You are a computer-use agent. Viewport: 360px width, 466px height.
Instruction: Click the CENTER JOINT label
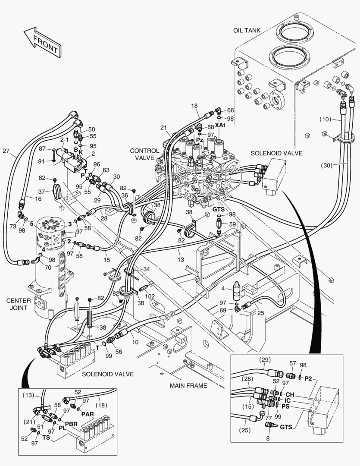click(x=18, y=304)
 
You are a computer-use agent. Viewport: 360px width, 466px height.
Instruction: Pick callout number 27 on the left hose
click(x=6, y=151)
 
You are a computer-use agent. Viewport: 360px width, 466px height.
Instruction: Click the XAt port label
click(x=220, y=125)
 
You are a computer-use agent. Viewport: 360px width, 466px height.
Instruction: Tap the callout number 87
click(x=42, y=148)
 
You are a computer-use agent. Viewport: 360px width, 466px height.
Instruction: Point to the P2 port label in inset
click(x=308, y=378)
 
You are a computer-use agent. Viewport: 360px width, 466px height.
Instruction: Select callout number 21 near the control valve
click(x=163, y=127)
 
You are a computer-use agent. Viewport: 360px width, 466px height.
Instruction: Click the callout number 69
click(x=223, y=310)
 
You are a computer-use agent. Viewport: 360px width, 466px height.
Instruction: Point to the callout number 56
click(x=118, y=351)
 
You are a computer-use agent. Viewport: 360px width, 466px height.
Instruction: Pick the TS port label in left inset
click(x=46, y=437)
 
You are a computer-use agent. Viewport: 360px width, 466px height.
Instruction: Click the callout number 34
click(x=147, y=269)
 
